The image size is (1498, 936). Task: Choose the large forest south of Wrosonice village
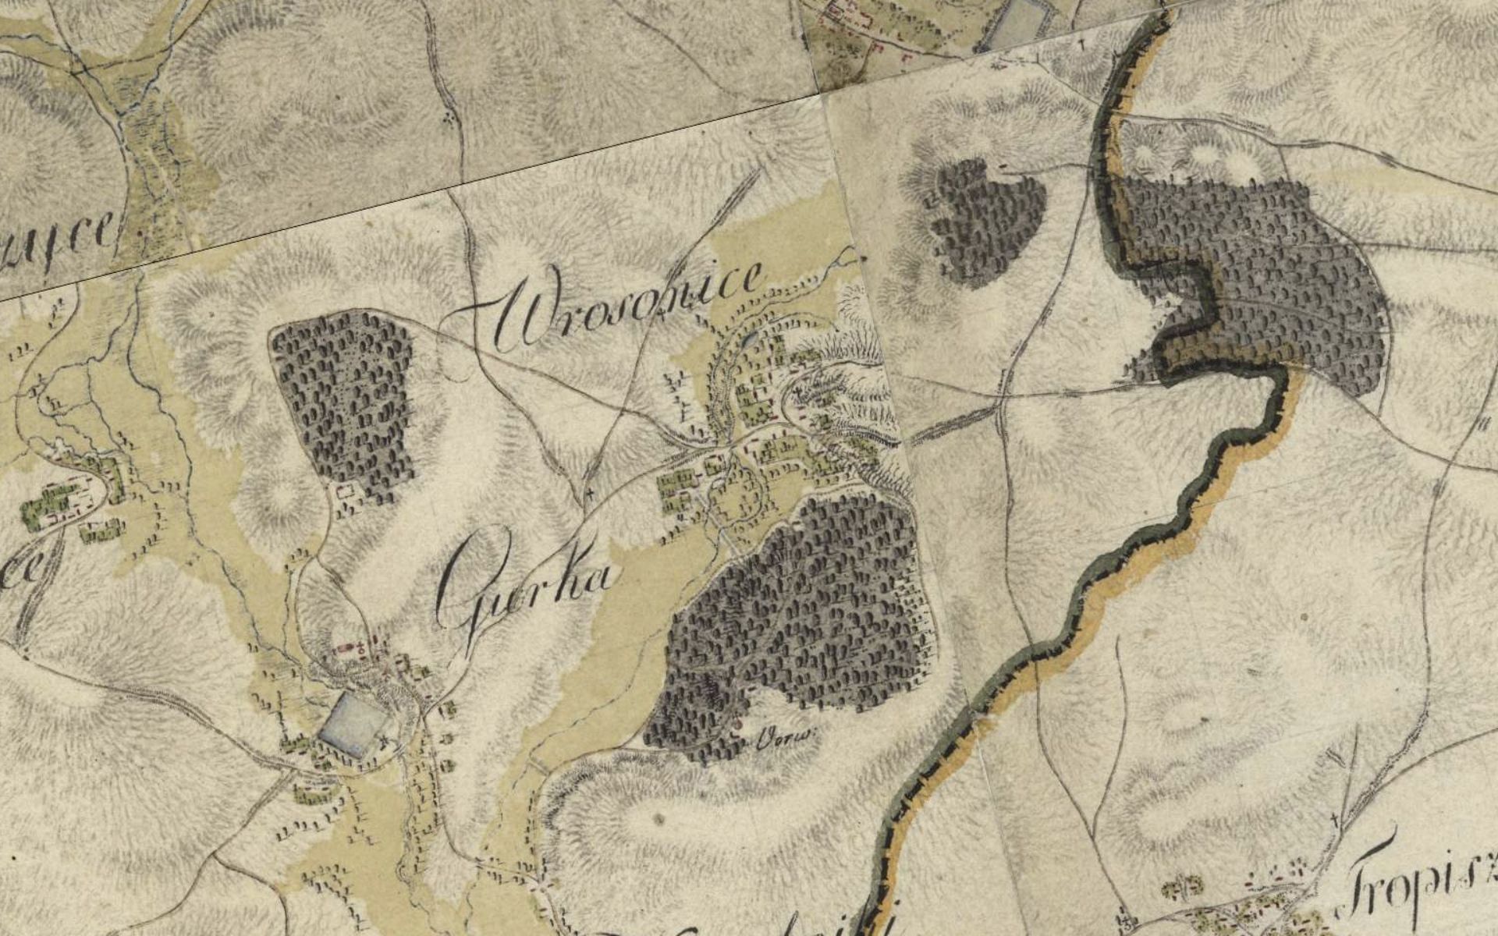(796, 616)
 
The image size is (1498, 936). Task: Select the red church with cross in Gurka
(361, 647)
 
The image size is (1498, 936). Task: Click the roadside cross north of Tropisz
(1336, 819)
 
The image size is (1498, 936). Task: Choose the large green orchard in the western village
(47, 507)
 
